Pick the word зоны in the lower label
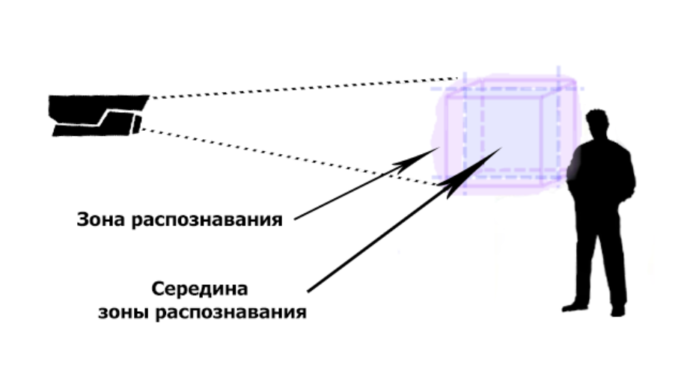click(x=120, y=312)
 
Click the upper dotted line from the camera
click(x=299, y=88)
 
